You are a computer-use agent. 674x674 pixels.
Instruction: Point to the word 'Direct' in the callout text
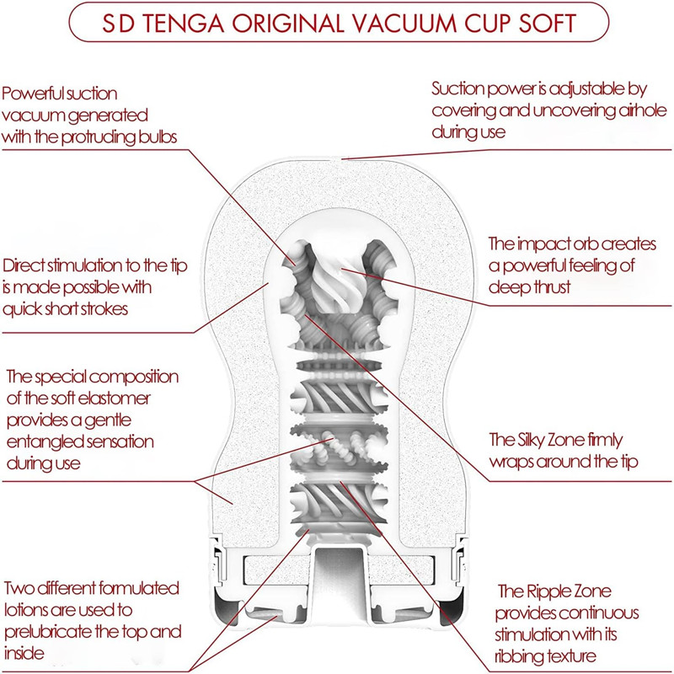point(27,265)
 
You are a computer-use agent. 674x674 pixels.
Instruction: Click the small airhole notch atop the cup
point(338,157)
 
